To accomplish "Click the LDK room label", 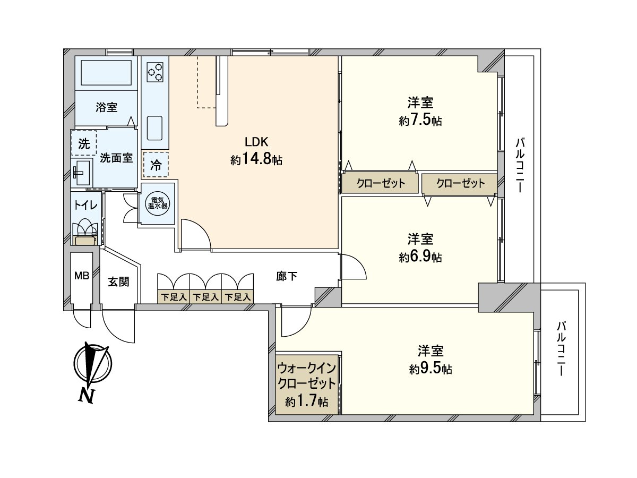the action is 256,142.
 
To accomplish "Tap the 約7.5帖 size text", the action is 420,121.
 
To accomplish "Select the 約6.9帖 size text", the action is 420,257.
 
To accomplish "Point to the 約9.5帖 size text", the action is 431,369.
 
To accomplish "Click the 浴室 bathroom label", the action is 107,107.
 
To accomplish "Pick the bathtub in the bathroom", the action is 106,73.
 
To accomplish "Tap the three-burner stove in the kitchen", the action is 155,72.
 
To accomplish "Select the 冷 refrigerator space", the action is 156,165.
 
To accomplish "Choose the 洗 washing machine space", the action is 84,143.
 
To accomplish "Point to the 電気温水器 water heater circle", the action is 157,203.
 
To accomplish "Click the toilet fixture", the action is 85,233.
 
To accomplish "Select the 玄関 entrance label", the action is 119,282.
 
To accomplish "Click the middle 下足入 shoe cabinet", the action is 205,297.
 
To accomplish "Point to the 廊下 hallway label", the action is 287,276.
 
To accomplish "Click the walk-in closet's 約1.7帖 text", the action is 307,402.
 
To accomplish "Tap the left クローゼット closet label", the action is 381,183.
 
